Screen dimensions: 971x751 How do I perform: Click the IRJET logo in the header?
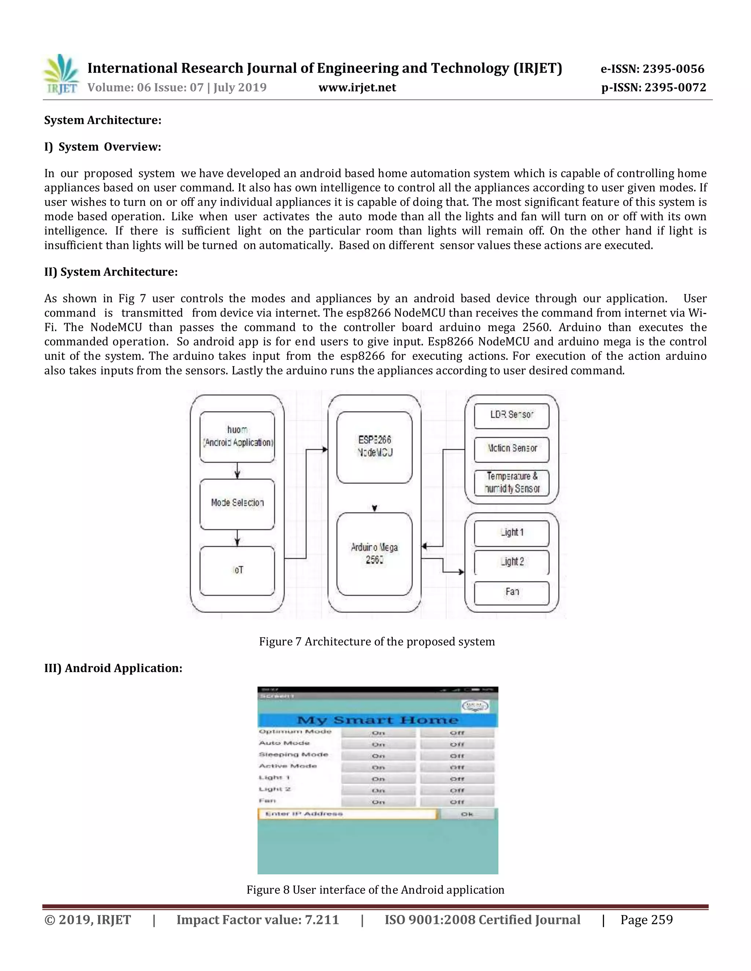click(x=61, y=74)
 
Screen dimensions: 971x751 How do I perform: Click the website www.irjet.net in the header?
click(x=357, y=88)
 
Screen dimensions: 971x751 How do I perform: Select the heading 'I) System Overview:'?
click(x=102, y=147)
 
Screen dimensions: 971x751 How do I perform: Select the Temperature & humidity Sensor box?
click(x=511, y=483)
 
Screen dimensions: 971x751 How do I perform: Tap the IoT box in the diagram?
click(x=237, y=571)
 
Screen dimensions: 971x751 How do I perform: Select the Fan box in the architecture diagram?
click(x=511, y=592)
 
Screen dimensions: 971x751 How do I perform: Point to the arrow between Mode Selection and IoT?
click(x=237, y=538)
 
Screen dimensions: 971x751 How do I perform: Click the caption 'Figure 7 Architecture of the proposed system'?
click(x=377, y=642)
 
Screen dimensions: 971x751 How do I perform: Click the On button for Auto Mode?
click(x=378, y=744)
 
